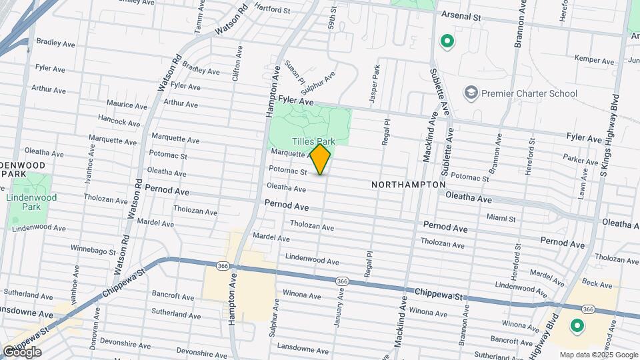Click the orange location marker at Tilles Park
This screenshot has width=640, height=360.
click(320, 159)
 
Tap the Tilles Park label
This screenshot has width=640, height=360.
click(313, 141)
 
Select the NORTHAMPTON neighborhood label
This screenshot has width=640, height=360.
click(408, 184)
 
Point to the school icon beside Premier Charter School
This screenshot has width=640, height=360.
click(471, 92)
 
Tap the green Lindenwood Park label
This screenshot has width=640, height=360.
click(31, 202)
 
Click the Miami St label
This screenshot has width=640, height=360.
click(501, 218)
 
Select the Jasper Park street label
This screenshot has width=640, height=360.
click(377, 78)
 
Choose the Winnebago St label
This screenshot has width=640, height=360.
click(94, 252)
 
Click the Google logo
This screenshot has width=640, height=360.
click(21, 352)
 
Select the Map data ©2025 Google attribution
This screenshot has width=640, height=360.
click(599, 355)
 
